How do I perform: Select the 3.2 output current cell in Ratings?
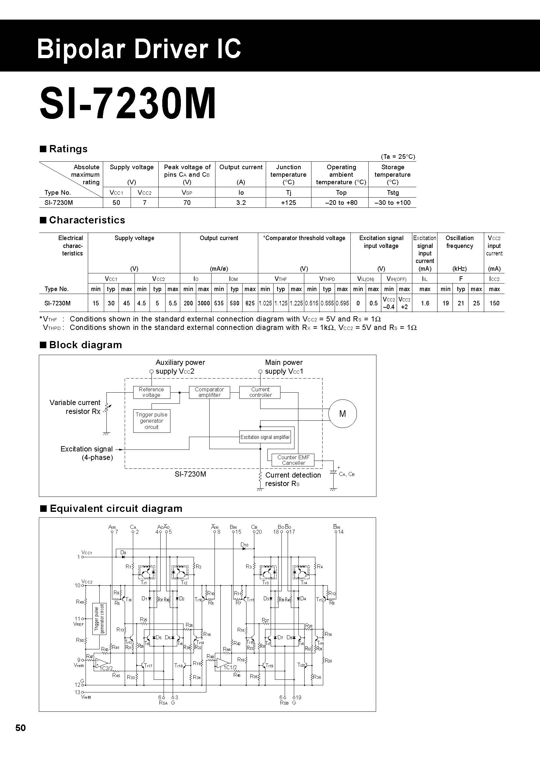(241, 203)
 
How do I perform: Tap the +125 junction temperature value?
(288, 203)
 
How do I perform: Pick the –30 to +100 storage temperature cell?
(392, 203)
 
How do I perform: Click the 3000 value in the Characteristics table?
(203, 303)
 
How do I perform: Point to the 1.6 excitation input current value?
(425, 303)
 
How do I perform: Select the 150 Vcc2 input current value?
(494, 303)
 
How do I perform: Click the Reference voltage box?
(151, 392)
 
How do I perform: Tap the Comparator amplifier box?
(210, 392)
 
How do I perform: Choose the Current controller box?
(260, 392)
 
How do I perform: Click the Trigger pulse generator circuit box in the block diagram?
(151, 421)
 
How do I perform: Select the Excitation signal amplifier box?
(265, 437)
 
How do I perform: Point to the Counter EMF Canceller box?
(293, 460)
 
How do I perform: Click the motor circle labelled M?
(342, 414)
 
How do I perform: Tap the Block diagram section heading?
(86, 345)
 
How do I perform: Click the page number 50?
(20, 728)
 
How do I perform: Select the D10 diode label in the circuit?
(245, 545)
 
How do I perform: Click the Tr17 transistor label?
(148, 666)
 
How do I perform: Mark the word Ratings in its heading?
(68, 149)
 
